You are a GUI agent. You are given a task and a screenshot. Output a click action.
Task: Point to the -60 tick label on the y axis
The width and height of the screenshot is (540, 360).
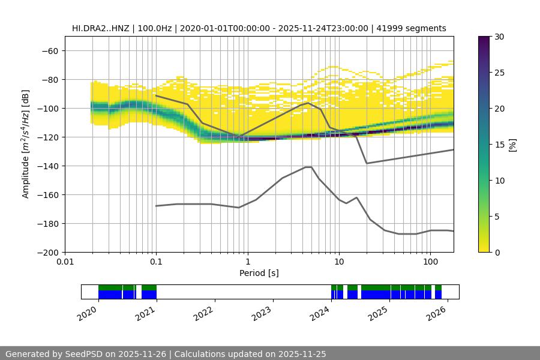[x=50, y=50]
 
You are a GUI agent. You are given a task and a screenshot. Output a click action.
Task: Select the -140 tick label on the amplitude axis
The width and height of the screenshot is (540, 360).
[x=47, y=166]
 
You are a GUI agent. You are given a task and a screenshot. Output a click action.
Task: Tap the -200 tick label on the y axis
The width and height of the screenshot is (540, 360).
[x=47, y=252]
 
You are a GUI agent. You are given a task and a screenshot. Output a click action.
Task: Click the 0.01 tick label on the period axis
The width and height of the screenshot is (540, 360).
[x=65, y=262]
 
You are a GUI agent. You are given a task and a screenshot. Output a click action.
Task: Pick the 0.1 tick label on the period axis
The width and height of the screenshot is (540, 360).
[x=156, y=262]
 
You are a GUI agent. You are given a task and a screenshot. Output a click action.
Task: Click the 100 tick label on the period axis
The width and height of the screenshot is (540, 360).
[x=430, y=262]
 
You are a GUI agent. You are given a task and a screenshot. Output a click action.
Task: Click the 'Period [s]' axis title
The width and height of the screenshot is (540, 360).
[x=259, y=273]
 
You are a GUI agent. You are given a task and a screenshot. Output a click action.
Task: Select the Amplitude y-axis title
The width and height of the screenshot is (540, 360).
[x=26, y=144]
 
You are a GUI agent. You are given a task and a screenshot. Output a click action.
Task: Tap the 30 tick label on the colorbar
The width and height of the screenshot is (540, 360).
[x=499, y=37]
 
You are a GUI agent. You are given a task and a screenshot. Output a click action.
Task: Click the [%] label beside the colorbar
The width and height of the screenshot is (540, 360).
[x=512, y=144]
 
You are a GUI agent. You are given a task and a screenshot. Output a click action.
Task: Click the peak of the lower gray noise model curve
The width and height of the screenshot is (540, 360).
[x=308, y=167]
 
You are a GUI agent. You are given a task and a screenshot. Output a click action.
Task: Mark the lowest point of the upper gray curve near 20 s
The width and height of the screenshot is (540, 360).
[x=367, y=163]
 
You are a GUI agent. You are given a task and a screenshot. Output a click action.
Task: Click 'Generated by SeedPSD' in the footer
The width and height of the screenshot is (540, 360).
[x=49, y=354]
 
